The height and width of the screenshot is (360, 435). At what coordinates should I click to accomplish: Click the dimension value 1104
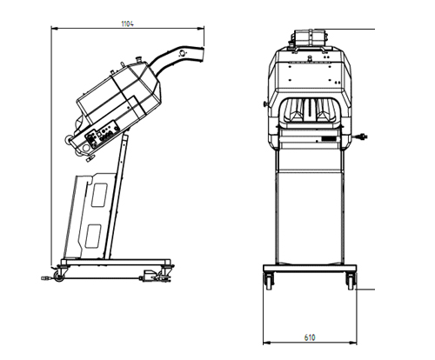click(127, 23)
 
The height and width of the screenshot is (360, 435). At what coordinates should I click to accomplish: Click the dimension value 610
click(310, 337)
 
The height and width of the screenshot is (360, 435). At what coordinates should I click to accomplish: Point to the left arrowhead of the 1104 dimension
click(55, 29)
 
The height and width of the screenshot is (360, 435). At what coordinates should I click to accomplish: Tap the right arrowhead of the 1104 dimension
click(200, 29)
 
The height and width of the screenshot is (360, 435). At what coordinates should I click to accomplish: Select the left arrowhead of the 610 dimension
click(267, 343)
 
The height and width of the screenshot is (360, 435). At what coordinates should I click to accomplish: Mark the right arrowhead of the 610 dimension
click(353, 343)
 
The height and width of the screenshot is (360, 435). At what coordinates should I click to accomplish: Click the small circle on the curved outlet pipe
click(183, 53)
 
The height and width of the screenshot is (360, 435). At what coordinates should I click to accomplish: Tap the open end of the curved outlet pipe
click(202, 55)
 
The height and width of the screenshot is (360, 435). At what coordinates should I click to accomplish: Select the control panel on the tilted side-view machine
click(102, 135)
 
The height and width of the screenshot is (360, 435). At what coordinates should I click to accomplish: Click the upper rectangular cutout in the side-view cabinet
click(99, 195)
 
